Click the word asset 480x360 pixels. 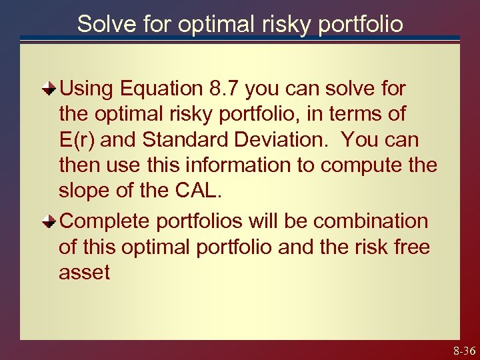coord(84,273)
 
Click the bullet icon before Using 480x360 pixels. coord(50,88)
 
